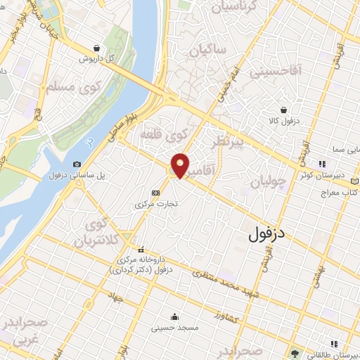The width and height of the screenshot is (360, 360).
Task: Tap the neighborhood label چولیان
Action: [269, 181]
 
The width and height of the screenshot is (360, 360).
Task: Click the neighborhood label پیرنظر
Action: [228, 144]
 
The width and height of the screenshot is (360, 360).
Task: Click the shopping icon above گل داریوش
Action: [96, 49]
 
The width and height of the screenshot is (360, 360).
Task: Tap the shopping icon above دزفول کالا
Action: [283, 110]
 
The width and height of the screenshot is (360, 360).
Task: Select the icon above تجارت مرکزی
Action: [155, 193]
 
